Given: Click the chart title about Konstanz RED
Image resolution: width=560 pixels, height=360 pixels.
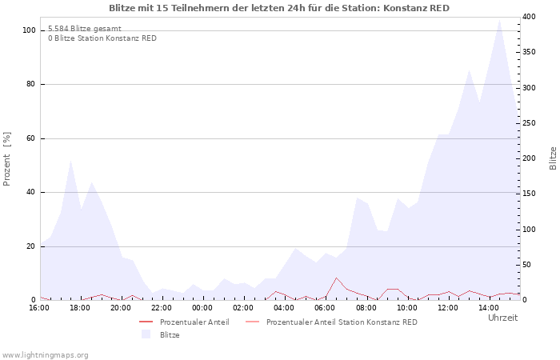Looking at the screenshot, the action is click(x=279, y=8).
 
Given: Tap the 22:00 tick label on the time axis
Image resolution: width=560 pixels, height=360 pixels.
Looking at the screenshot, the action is click(x=162, y=308).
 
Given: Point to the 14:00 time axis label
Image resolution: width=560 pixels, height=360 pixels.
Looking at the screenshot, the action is click(x=489, y=308).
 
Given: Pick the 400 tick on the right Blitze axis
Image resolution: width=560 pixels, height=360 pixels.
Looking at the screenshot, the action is click(x=530, y=17).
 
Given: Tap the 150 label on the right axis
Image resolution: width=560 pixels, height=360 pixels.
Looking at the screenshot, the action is click(x=530, y=194).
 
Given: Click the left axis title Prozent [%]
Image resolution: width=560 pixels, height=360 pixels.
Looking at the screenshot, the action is click(x=6, y=159).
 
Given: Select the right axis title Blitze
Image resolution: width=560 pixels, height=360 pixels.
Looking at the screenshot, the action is click(x=553, y=158).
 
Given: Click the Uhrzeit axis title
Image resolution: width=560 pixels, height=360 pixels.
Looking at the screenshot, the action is click(x=503, y=318).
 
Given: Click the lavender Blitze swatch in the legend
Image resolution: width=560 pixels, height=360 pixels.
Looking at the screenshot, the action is click(x=146, y=334).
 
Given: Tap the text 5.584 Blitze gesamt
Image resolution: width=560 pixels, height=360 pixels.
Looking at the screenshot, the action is click(x=85, y=29).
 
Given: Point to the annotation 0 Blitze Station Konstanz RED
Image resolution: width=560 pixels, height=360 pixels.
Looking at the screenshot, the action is click(x=102, y=38).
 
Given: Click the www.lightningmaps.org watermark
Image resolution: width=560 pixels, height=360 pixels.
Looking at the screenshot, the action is click(x=45, y=355).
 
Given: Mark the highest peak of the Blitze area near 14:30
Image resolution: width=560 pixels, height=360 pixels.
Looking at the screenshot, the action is click(x=499, y=20).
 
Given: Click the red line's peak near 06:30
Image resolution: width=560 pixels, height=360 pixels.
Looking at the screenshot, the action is click(x=336, y=278).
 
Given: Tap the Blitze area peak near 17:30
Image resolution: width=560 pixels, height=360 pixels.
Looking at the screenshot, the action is click(x=70, y=160).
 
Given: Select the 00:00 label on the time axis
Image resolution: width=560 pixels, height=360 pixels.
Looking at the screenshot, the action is click(x=202, y=308).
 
